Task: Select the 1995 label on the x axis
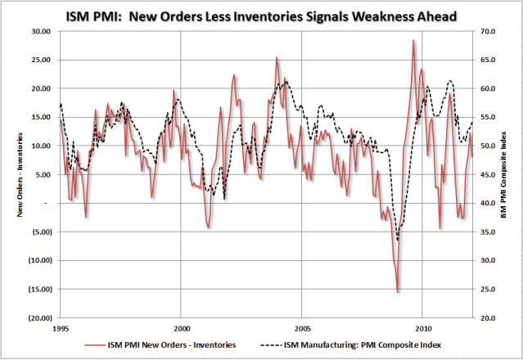click(x=61, y=326)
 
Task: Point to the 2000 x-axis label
click(x=182, y=326)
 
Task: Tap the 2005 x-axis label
click(x=302, y=326)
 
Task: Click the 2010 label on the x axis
click(x=422, y=326)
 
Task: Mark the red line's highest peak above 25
click(x=413, y=41)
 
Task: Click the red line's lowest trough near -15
click(x=398, y=292)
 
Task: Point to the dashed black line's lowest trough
click(x=398, y=240)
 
